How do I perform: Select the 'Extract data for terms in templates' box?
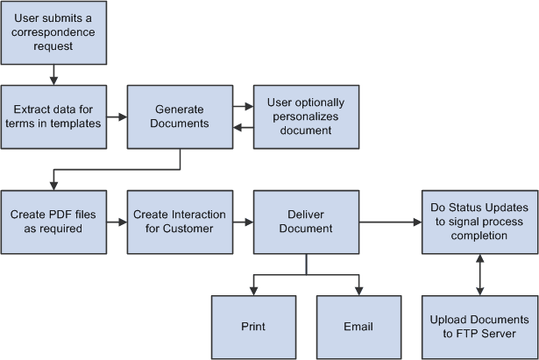53,116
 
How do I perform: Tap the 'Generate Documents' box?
181,116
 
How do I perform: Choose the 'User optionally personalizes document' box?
306,116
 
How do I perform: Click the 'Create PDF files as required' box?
53,222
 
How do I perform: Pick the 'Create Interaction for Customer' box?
181,222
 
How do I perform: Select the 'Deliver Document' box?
306,222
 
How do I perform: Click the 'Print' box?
253,327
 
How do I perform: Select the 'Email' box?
358,327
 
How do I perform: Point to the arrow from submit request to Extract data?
53,74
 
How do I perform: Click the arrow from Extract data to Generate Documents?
117,116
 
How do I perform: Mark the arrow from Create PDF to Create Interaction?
117,222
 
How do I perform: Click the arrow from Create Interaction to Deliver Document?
244,222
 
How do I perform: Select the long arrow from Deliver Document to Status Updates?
390,222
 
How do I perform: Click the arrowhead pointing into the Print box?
253,290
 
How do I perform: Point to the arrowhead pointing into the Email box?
358,290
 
